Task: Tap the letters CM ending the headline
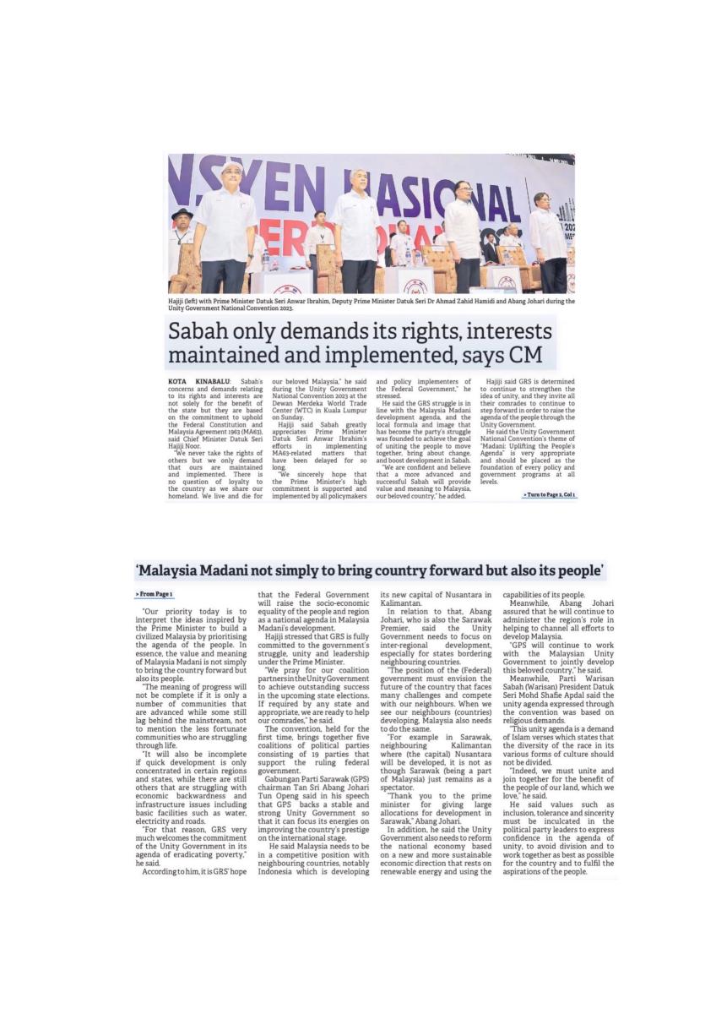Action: (529, 355)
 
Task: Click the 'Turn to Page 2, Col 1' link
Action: (550, 493)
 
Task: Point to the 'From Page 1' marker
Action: (154, 595)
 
